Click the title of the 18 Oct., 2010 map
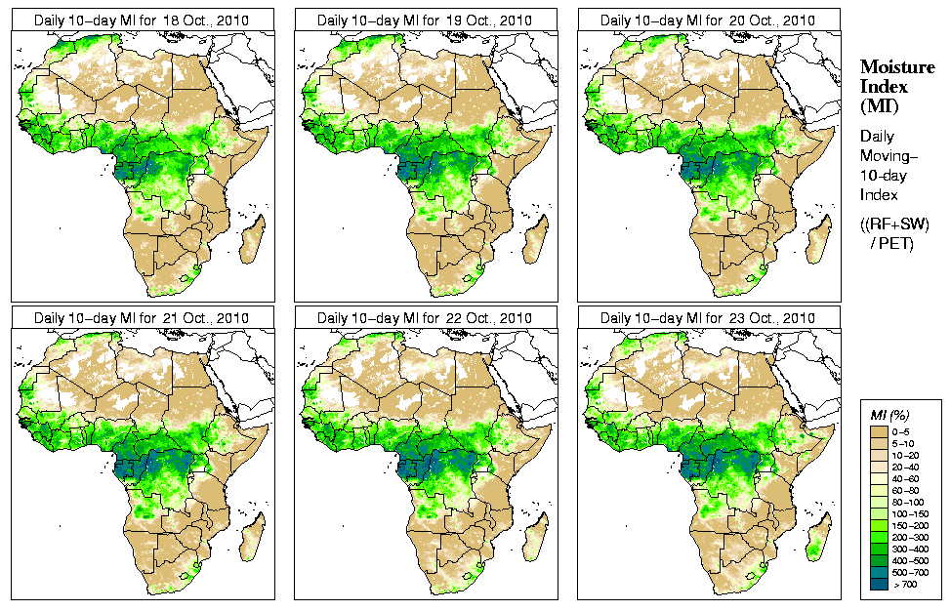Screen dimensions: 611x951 142,20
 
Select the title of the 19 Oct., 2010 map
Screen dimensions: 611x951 425,20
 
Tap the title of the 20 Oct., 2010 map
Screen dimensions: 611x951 708,20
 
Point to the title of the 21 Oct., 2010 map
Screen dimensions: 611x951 142,318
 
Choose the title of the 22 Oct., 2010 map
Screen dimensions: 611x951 425,318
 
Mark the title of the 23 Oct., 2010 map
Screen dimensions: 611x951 708,318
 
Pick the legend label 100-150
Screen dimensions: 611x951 915,512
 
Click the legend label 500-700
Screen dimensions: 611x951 915,571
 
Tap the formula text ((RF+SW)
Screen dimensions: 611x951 894,224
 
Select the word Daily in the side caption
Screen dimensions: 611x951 879,137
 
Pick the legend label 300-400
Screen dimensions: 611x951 915,548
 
